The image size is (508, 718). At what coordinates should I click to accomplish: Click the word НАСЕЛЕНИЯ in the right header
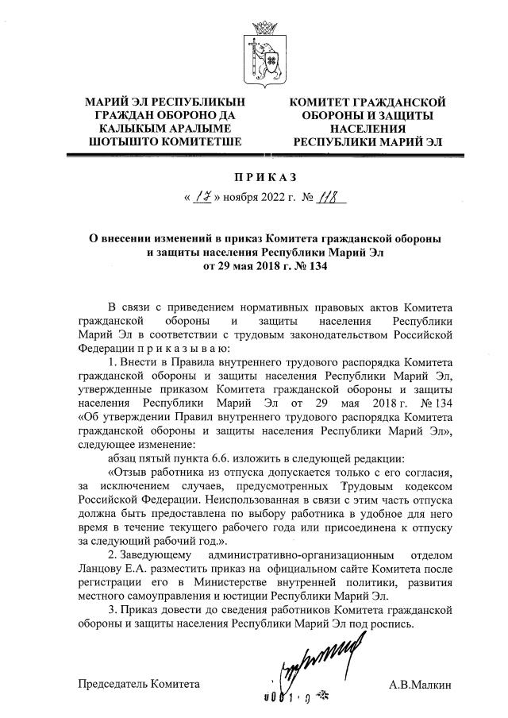[x=367, y=129]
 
